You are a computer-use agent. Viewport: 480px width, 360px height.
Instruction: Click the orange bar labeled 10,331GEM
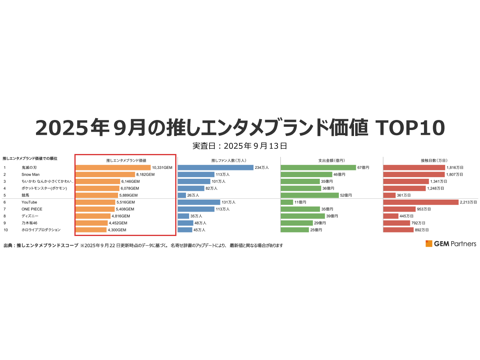[113, 168]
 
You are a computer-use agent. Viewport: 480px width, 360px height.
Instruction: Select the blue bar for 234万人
[216, 168]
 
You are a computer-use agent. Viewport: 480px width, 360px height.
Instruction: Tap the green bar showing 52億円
[310, 195]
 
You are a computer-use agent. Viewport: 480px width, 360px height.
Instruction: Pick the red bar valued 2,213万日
[421, 202]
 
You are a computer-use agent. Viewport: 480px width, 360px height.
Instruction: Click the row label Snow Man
[31, 174]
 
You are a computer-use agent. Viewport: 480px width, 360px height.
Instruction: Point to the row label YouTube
[29, 202]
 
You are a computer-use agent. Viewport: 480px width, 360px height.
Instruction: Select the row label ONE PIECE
[32, 209]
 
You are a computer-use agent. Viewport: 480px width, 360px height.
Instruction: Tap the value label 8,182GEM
[145, 174]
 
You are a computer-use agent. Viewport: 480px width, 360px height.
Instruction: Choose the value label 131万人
[228, 202]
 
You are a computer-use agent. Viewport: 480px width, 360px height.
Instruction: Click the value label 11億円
[300, 202]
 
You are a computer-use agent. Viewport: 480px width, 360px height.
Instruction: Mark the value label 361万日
[404, 195]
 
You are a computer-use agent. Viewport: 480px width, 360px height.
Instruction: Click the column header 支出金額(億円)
[331, 160]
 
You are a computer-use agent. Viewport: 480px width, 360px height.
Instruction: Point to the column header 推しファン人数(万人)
[228, 160]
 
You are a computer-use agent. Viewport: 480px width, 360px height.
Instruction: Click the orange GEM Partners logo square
[429, 244]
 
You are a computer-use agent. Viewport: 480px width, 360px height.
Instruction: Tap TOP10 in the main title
[410, 128]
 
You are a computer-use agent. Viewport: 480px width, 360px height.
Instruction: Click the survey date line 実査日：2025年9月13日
[240, 146]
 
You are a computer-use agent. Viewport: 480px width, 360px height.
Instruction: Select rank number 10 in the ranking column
[5, 230]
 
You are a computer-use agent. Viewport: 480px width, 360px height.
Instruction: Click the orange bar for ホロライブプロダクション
[91, 230]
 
